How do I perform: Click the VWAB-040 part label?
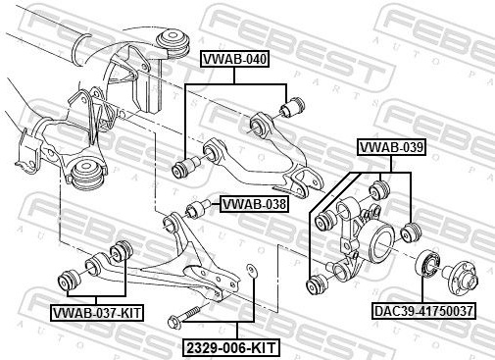coord(234,59)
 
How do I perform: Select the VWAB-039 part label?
coord(391,147)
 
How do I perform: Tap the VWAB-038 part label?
coord(254,204)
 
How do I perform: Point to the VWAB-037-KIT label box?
coord(97,313)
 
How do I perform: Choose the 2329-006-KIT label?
coord(231,348)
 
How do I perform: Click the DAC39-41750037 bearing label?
coord(423,311)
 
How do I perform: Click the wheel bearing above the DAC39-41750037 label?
coord(427,263)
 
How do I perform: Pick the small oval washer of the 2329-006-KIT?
coord(251,270)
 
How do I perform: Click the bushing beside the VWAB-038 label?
coord(199,209)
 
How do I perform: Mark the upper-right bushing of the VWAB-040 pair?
coord(293,107)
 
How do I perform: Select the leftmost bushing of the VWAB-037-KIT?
coord(69,280)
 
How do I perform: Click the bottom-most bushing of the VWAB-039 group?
coord(316,283)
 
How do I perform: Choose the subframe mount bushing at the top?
coord(173,45)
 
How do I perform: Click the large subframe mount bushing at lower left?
coord(88,174)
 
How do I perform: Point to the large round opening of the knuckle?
coord(384,243)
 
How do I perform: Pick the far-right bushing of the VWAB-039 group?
coord(411,232)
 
